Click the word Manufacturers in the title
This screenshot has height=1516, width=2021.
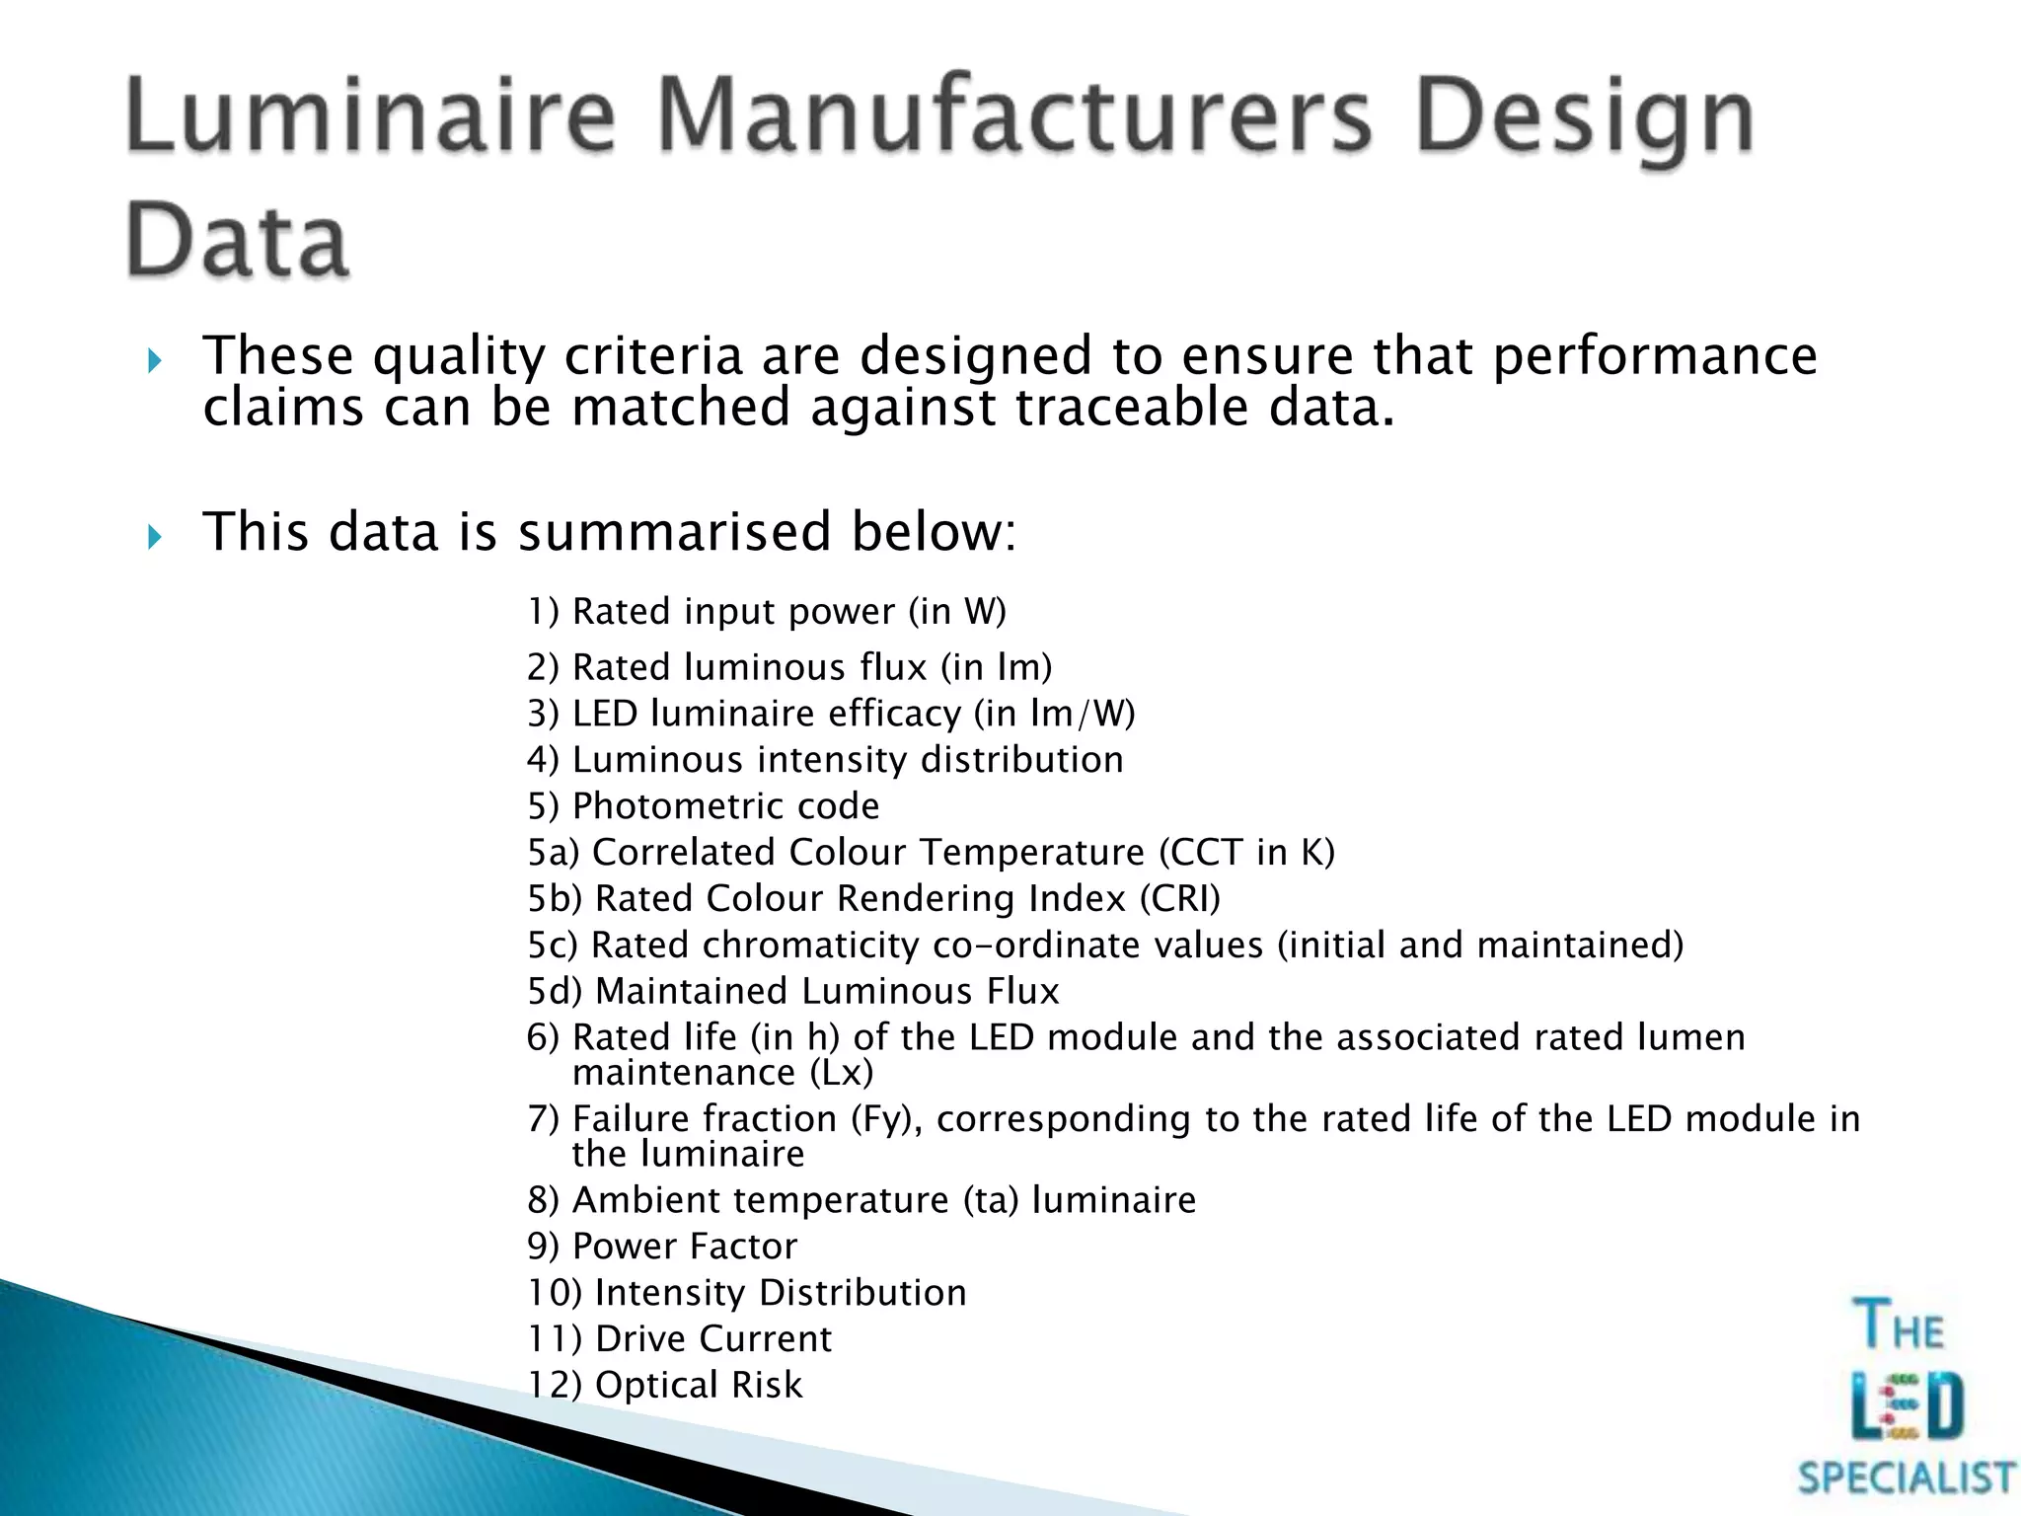[x=1013, y=120]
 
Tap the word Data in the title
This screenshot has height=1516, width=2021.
[x=237, y=241]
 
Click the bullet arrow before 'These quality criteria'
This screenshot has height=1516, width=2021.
[x=154, y=361]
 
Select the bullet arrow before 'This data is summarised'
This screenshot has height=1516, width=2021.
[x=154, y=537]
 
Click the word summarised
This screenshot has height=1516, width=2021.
[x=674, y=533]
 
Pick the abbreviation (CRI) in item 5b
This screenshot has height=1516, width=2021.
[x=1179, y=899]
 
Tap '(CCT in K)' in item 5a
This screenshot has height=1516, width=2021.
[x=1246, y=853]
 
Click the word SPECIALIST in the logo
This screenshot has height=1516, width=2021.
[x=1906, y=1478]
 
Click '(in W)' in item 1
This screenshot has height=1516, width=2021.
[x=957, y=612]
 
